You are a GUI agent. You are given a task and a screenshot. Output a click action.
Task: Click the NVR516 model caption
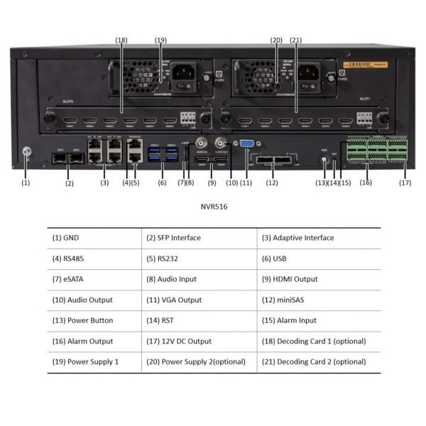[212, 209]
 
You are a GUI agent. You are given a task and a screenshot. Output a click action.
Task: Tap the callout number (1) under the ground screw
[26, 182]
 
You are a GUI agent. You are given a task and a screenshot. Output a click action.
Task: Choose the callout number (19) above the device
[160, 40]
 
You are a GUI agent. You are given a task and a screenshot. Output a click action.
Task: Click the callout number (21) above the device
[296, 40]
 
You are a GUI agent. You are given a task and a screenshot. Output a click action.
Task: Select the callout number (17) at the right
[405, 182]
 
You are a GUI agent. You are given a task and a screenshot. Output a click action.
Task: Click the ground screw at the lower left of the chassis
[26, 151]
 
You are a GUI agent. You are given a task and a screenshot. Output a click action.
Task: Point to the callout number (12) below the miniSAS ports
[271, 182]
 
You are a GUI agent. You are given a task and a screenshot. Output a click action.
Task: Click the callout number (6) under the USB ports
[162, 182]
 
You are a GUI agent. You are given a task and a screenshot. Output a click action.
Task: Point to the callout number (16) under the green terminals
[366, 182]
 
